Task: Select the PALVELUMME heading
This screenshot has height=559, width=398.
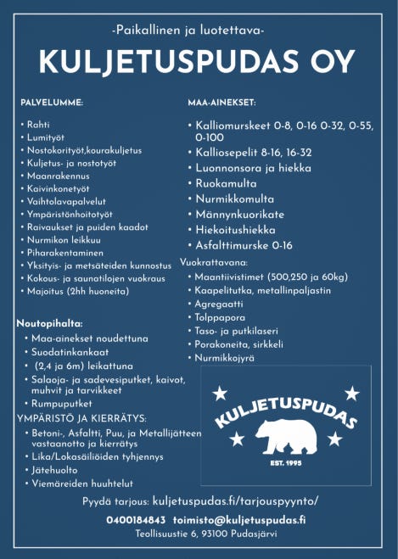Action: pyautogui.click(x=52, y=103)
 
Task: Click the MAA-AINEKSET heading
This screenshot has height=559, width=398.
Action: pyautogui.click(x=221, y=103)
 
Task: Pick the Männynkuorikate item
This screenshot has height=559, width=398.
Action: pyautogui.click(x=239, y=215)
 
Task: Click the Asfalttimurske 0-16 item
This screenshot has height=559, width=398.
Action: pyautogui.click(x=244, y=245)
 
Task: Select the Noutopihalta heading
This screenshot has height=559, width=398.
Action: pyautogui.click(x=49, y=324)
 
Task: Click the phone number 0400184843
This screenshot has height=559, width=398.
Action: pyautogui.click(x=136, y=519)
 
